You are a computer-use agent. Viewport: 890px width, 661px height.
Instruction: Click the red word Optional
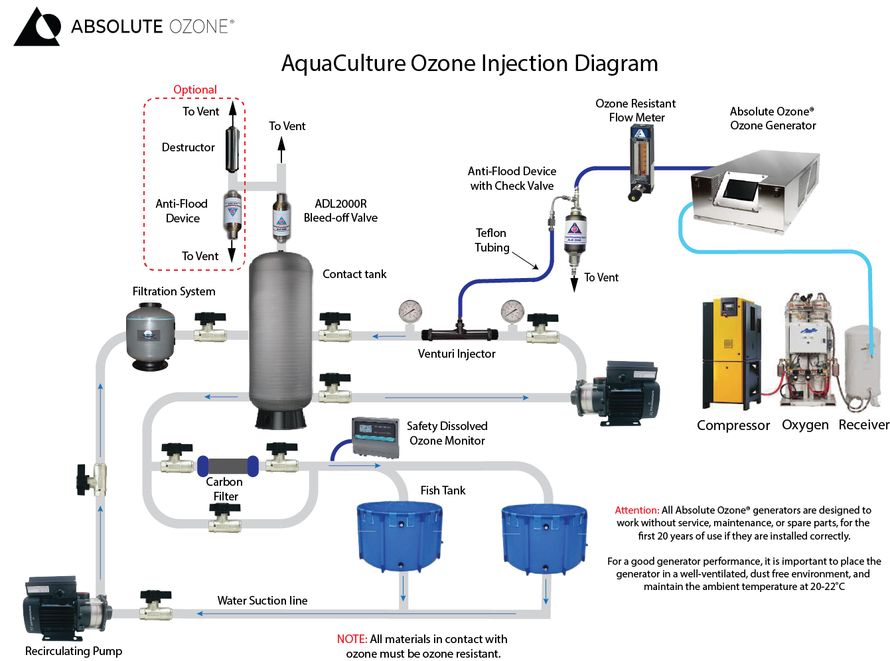194,90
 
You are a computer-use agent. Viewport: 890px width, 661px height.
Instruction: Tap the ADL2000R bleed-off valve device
281,217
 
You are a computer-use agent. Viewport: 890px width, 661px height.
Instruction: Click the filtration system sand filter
151,336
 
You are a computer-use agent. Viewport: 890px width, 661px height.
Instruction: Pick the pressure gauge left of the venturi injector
410,311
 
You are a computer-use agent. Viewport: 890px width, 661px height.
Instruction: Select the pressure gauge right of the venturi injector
512,311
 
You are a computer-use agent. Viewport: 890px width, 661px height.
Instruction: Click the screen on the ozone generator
741,189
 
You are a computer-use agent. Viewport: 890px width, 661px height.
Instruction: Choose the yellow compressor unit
731,352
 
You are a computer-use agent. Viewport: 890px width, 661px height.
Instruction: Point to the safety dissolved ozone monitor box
376,437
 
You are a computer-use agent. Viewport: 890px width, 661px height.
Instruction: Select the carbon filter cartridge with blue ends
228,465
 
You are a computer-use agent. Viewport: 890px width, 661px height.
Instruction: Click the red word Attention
636,510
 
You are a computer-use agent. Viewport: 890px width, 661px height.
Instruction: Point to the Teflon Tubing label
491,240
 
